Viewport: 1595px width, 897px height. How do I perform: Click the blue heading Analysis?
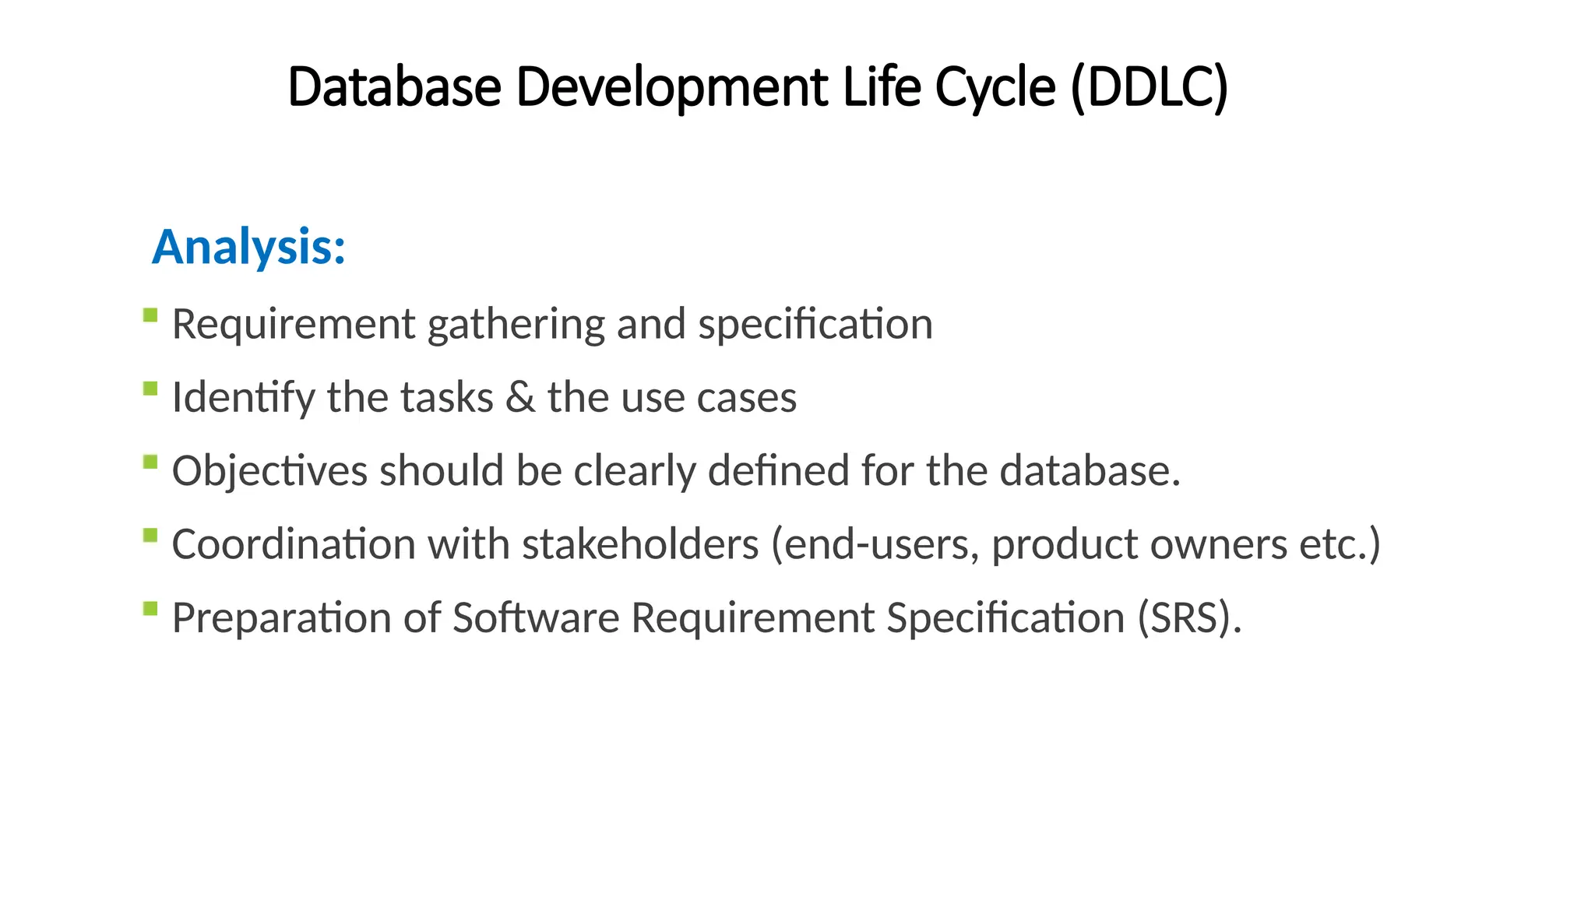click(x=248, y=248)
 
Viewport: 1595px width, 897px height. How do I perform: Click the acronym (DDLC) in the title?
click(x=1149, y=86)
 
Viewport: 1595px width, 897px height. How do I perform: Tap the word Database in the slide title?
click(x=394, y=86)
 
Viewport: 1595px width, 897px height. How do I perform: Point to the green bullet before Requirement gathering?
click(x=150, y=315)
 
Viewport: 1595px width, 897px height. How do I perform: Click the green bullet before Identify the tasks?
click(x=150, y=389)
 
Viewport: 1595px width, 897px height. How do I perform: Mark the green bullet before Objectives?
click(x=150, y=463)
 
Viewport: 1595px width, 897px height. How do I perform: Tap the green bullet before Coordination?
click(x=150, y=536)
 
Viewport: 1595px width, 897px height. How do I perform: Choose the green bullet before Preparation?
click(x=150, y=609)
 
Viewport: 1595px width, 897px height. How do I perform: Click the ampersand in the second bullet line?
click(x=519, y=397)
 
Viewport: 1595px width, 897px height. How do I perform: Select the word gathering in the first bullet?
click(x=516, y=325)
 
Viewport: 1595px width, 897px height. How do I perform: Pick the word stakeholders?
click(x=640, y=544)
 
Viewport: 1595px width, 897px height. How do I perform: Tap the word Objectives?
click(x=269, y=472)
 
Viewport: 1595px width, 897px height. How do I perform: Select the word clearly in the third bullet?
click(x=634, y=472)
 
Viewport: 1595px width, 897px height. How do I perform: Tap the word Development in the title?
click(x=671, y=88)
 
